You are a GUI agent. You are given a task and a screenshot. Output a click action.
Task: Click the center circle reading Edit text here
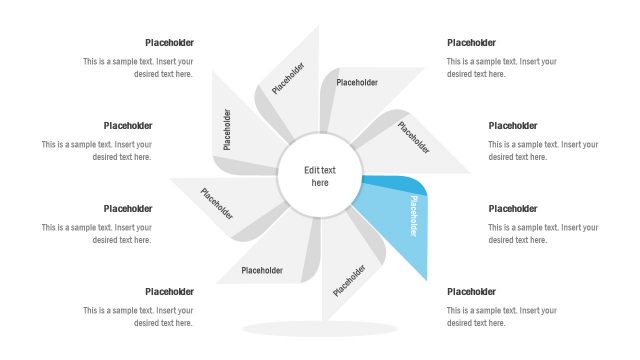click(320, 177)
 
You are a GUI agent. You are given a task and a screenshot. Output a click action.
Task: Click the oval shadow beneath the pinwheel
click(321, 328)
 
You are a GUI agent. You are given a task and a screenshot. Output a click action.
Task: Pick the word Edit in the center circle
click(311, 170)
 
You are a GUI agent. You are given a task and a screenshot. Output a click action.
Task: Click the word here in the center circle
click(320, 183)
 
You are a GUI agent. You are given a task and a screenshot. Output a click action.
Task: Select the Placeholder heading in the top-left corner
click(169, 43)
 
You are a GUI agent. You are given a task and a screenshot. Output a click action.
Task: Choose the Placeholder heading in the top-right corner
click(471, 43)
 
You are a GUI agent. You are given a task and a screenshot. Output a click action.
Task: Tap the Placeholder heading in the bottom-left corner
click(169, 292)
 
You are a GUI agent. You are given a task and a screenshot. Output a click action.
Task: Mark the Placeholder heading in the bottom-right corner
click(471, 292)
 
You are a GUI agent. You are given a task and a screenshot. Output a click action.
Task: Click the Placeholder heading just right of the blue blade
click(512, 209)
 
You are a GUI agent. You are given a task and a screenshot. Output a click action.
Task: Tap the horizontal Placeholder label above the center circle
click(357, 83)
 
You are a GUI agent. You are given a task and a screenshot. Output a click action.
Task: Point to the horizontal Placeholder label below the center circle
click(263, 270)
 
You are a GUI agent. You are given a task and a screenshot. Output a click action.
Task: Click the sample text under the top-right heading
click(502, 67)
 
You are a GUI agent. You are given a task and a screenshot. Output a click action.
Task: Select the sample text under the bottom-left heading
click(138, 316)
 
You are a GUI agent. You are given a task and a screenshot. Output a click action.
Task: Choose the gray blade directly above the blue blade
click(410, 140)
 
